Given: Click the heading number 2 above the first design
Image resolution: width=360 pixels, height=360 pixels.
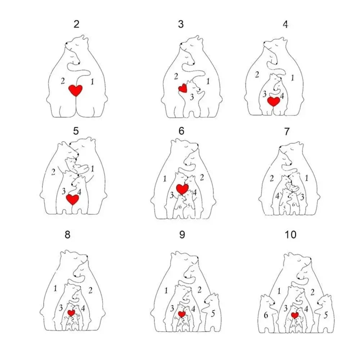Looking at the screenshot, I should (x=76, y=24).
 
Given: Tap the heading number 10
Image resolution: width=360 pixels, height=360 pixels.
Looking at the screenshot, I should (x=290, y=235).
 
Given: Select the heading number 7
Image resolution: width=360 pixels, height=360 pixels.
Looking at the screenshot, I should (x=287, y=132).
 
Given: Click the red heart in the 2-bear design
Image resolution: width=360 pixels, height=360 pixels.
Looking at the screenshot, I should (x=76, y=90).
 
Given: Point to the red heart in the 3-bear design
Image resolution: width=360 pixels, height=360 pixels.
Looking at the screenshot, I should (x=183, y=88).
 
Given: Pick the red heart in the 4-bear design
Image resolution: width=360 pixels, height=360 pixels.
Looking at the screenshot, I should (x=274, y=101).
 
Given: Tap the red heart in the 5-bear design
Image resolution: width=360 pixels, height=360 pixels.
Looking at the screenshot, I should (x=73, y=199).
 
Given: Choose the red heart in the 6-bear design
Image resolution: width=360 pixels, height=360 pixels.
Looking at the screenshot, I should (x=183, y=188).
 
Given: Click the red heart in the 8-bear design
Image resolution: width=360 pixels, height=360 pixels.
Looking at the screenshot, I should (x=71, y=312).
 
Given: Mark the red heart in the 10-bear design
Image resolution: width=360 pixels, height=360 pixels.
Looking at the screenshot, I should (x=295, y=315).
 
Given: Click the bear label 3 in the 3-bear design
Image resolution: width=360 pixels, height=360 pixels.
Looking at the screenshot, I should (x=192, y=97).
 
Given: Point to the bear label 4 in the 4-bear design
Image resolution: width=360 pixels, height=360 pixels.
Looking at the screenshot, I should (x=282, y=96).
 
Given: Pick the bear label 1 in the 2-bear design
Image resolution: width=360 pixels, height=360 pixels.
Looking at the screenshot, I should (x=92, y=82).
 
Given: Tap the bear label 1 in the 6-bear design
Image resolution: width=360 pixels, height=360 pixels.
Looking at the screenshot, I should (x=165, y=179).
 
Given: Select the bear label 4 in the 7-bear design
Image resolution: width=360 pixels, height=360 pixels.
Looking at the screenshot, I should (x=278, y=197).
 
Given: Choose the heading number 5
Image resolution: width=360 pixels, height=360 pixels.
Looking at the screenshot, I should (x=76, y=131).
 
